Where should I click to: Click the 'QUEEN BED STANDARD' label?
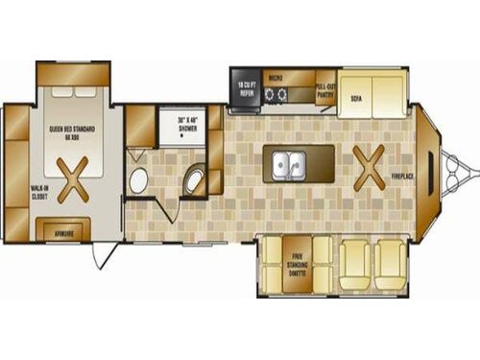(73, 127)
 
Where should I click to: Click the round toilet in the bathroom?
(139, 179)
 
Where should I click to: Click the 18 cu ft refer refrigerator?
(246, 88)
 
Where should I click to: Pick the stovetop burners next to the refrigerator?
(277, 94)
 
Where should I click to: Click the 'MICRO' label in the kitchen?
(275, 77)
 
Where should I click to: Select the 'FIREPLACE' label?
(401, 177)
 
